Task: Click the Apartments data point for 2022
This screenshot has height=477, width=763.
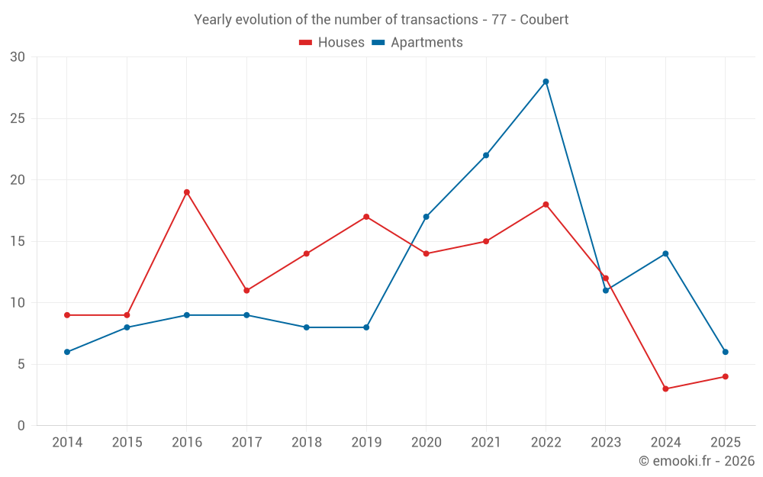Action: [x=546, y=82]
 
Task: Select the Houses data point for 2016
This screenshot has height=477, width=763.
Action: [x=186, y=192]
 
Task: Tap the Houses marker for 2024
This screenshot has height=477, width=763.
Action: [x=665, y=388]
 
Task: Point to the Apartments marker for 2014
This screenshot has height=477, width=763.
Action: [x=67, y=352]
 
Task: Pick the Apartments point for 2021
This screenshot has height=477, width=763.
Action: [x=486, y=155]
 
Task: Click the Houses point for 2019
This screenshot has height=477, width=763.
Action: [x=366, y=217]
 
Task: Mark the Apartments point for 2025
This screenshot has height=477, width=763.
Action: [x=725, y=352]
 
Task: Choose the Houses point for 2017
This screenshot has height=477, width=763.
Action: [x=246, y=290]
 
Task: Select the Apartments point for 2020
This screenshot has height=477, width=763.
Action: [x=426, y=217]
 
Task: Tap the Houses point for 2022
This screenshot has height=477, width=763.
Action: [x=546, y=205]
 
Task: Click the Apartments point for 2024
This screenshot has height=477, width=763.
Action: [x=665, y=253]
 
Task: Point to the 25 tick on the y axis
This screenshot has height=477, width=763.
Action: [x=18, y=118]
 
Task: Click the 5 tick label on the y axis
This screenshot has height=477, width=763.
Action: [x=21, y=364]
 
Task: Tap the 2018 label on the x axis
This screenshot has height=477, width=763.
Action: [x=306, y=443]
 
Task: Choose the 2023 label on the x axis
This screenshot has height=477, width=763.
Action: [x=605, y=443]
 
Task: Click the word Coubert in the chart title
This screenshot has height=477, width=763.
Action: [x=544, y=20]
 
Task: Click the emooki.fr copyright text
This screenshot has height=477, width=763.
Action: [x=697, y=461]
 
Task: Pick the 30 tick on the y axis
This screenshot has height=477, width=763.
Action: [x=18, y=57]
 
